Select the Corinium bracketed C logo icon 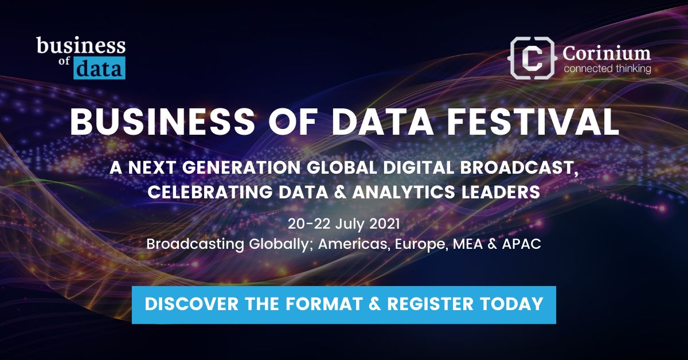[x=533, y=57]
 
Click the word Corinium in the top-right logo [x=607, y=53]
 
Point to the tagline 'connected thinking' [x=607, y=69]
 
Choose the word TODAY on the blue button [x=518, y=304]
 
